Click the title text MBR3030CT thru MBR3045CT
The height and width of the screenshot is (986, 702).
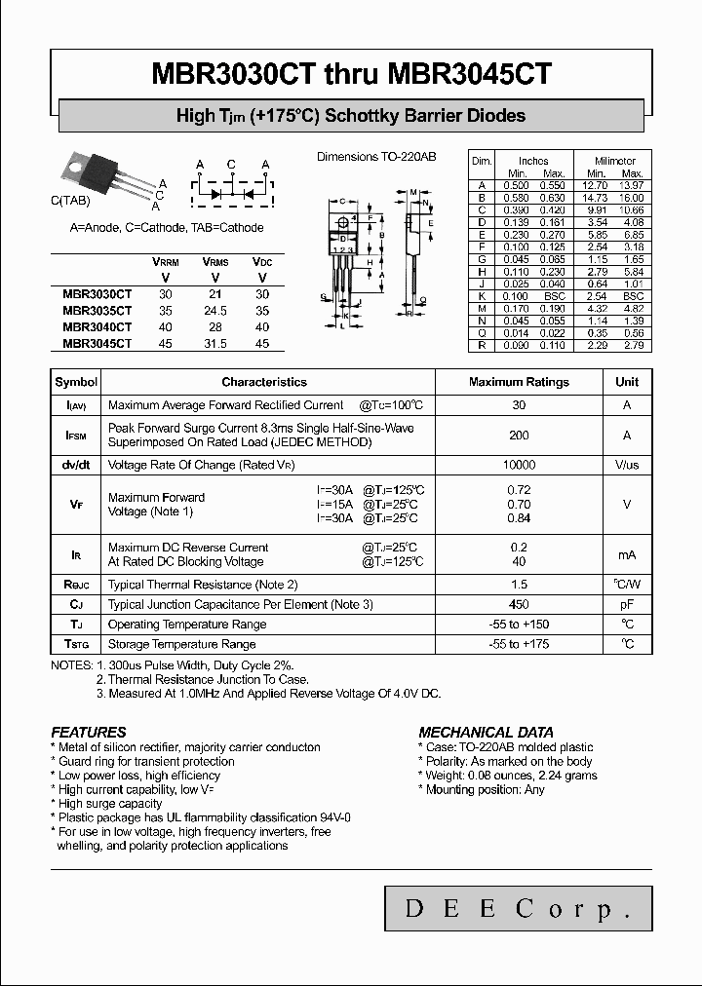[351, 74]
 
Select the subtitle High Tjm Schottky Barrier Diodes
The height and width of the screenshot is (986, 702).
[351, 116]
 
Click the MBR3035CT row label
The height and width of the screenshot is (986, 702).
[97, 310]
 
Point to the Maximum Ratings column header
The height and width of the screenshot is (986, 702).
[519, 382]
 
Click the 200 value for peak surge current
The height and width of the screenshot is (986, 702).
[519, 436]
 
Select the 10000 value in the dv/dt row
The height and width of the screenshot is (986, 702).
[519, 466]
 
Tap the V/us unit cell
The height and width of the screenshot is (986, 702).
[627, 466]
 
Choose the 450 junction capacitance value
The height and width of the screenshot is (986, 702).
[519, 604]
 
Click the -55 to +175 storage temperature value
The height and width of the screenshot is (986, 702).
[519, 644]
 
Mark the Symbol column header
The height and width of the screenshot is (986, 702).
[76, 382]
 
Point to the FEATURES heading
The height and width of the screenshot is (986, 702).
[89, 732]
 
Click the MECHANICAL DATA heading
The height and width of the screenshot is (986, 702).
[486, 732]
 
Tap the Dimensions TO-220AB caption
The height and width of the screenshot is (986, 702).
[376, 157]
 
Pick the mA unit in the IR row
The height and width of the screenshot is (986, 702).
[627, 554]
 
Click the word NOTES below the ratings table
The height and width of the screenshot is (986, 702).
[71, 664]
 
